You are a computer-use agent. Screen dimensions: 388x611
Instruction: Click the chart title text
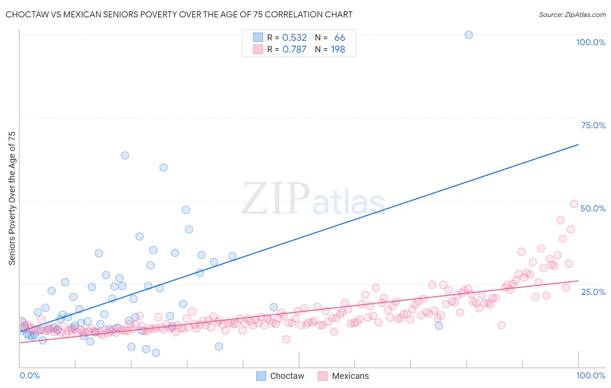[x=179, y=14]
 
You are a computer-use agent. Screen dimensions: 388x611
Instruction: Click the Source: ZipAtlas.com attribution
[x=572, y=14]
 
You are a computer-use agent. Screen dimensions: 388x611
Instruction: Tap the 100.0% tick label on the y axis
[x=591, y=42]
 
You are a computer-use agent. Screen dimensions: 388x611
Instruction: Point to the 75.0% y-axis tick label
[x=593, y=125]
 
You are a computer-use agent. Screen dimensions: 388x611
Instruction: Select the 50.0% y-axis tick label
[x=593, y=208]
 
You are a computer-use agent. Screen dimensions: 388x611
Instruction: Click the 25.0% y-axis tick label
[x=593, y=291]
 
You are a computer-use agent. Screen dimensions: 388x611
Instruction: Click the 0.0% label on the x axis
[x=30, y=375]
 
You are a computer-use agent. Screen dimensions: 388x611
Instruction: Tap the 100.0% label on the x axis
[x=591, y=375]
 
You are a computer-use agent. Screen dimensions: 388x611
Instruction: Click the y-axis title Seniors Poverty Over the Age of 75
[x=12, y=198]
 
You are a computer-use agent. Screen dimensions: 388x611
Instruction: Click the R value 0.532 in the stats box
[x=294, y=38]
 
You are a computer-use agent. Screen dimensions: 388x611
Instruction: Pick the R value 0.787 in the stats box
[x=294, y=50]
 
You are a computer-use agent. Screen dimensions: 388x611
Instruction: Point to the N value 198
[x=338, y=50]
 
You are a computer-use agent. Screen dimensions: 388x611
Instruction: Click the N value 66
[x=339, y=38]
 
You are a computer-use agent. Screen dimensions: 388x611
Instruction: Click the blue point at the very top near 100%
[x=468, y=35]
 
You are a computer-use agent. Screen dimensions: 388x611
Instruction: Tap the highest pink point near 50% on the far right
[x=574, y=204]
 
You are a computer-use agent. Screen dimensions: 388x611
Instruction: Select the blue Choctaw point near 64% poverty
[x=125, y=155]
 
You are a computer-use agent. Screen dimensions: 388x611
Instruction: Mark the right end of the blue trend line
[x=578, y=144]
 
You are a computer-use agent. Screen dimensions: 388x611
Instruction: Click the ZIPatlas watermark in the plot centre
[x=313, y=199]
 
